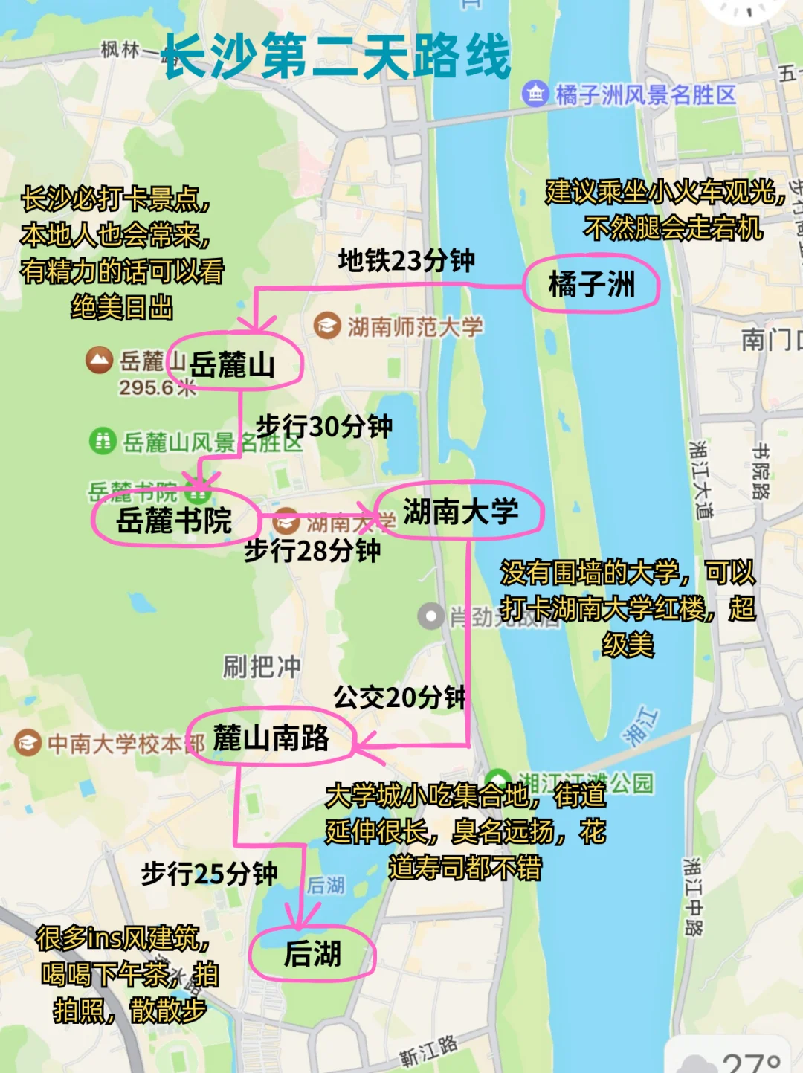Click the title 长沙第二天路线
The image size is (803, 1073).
click(x=337, y=56)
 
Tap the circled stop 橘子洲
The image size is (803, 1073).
click(x=592, y=284)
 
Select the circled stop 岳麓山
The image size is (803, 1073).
click(x=233, y=364)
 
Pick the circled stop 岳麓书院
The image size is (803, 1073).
click(x=175, y=520)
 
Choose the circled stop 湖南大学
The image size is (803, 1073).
click(x=460, y=512)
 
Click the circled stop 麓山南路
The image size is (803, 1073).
click(x=271, y=738)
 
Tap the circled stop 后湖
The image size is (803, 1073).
click(x=312, y=953)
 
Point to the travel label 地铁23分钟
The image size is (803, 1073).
click(x=406, y=260)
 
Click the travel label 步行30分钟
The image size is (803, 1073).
click(x=324, y=426)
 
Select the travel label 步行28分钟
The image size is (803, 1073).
click(x=312, y=550)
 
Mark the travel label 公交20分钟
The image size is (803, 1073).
click(x=399, y=697)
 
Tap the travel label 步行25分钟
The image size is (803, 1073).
click(x=210, y=873)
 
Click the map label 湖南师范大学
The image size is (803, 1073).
click(x=415, y=326)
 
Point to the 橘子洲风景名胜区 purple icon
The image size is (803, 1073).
click(x=535, y=94)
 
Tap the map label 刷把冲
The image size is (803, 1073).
click(x=262, y=666)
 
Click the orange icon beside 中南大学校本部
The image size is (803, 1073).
click(x=28, y=743)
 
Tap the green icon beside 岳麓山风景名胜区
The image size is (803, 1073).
click(x=102, y=442)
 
